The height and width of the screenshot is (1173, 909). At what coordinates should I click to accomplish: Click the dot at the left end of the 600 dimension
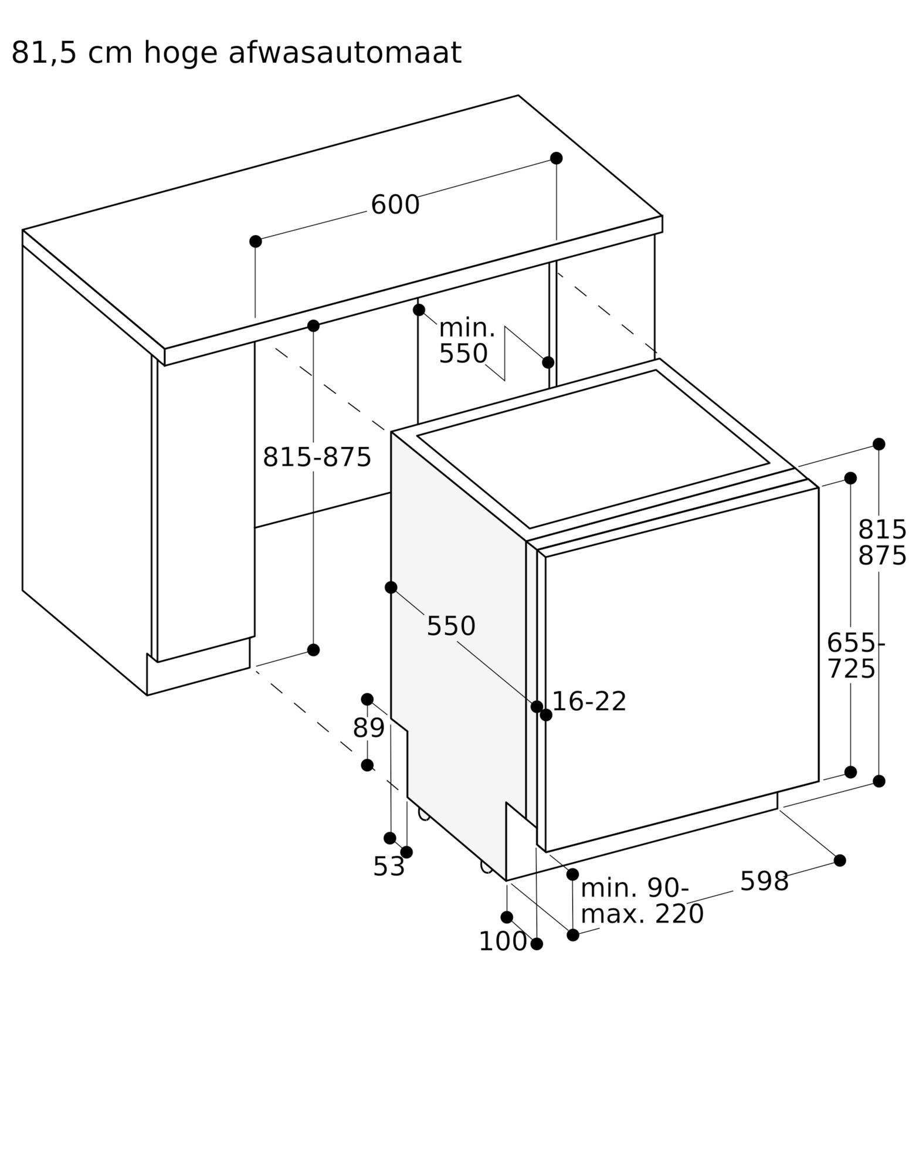pos(255,241)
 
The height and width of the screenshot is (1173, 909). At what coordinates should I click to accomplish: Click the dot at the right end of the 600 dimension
pos(556,158)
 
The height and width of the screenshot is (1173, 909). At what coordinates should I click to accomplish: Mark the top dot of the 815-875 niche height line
pos(313,326)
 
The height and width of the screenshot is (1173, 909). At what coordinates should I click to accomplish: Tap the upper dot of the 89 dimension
pos(367,699)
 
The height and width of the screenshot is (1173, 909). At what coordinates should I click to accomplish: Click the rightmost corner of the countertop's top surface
pos(662,216)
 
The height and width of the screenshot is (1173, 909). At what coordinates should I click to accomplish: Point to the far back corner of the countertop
pos(518,95)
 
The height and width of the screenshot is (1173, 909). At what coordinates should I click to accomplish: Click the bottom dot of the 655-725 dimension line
pos(850,772)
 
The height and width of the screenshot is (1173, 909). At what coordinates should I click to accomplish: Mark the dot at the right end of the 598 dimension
pos(840,860)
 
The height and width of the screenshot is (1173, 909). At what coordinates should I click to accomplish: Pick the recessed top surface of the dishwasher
pos(593,449)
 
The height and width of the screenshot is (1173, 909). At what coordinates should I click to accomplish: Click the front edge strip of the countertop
pos(413,291)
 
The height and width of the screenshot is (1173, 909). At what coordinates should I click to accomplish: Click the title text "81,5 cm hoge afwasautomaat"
pos(236,53)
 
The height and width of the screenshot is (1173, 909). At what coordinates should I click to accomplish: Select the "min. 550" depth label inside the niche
pos(467,341)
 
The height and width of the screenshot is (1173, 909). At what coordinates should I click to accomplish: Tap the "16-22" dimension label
pos(589,701)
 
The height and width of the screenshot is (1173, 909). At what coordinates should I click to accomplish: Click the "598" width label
pos(764,881)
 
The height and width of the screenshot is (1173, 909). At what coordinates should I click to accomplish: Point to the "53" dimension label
pos(389,866)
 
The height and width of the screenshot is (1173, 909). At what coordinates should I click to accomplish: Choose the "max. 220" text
pos(642,914)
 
